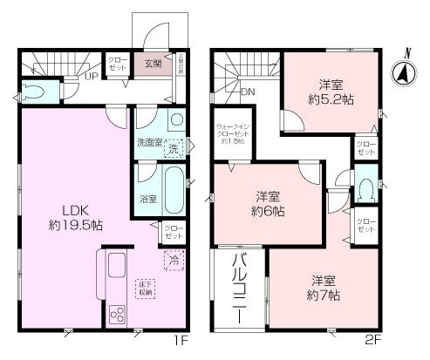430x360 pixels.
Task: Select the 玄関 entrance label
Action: (x=154, y=63)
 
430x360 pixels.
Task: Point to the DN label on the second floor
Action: (x=247, y=91)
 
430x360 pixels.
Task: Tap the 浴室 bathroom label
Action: (x=148, y=199)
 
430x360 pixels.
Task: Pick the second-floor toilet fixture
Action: (x=366, y=189)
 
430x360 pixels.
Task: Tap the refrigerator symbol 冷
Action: (x=173, y=259)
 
